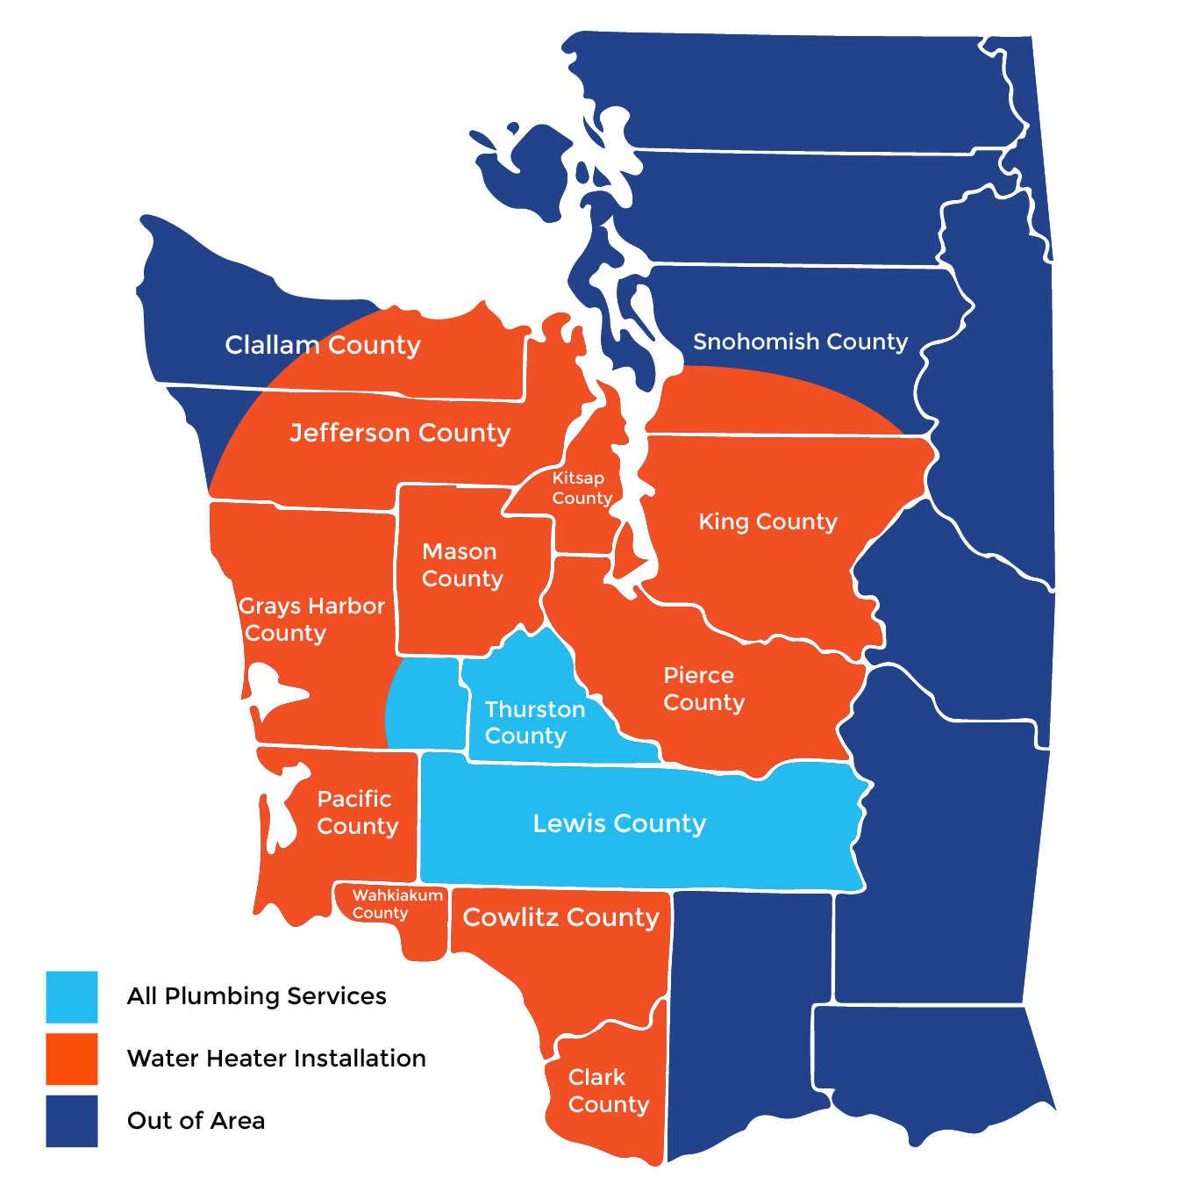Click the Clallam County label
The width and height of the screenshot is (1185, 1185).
[323, 345]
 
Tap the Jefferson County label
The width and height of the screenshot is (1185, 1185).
[400, 433]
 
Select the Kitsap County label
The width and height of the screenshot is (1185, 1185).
[582, 488]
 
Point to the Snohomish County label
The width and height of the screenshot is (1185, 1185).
[800, 341]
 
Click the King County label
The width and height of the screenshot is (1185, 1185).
[767, 521]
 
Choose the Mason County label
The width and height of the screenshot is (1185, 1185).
[461, 564]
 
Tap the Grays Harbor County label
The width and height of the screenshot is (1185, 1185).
[311, 619]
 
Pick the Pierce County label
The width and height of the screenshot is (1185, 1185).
[703, 688]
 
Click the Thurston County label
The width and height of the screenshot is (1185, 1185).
[534, 722]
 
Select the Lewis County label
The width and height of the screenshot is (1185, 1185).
[619, 823]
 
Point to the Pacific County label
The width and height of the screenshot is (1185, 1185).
[357, 812]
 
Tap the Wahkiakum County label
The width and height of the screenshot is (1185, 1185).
[396, 903]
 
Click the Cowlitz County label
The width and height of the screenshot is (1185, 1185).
[560, 917]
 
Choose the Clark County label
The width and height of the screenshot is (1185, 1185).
[608, 1090]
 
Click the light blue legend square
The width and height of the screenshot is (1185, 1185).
[72, 996]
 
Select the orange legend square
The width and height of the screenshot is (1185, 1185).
[72, 1059]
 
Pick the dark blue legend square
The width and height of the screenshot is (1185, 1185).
[72, 1121]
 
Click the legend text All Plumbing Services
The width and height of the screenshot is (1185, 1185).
[256, 996]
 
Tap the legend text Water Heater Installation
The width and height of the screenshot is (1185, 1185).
[276, 1059]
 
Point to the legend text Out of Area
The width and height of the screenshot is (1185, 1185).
[196, 1121]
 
